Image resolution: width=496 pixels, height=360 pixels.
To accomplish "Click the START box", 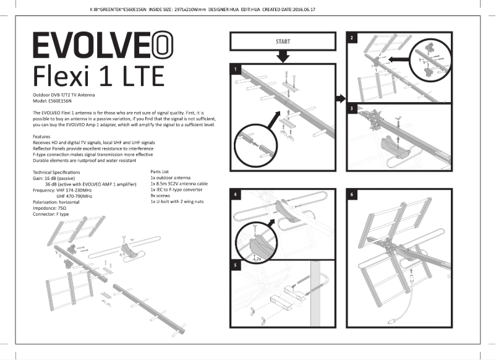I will tap(282, 42).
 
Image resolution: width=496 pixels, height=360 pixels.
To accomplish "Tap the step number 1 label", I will tap(235, 68).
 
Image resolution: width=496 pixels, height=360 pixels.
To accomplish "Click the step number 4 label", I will tap(235, 194).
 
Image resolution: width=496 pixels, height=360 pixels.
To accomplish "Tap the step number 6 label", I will tap(352, 194).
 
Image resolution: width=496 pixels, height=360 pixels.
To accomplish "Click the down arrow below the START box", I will tap(282, 57).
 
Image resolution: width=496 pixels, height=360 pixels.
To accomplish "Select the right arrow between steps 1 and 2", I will tap(340, 98).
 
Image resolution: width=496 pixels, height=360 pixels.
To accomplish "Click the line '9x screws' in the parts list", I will tap(163, 195).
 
